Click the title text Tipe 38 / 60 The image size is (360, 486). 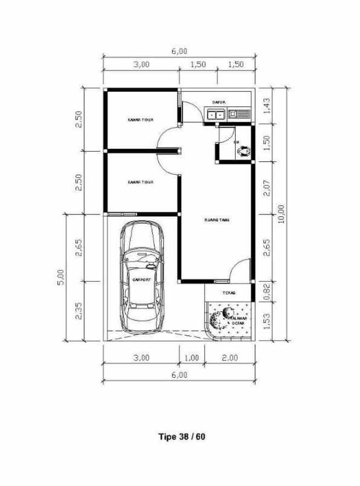coord(182,436)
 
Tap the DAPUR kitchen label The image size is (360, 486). coord(218,102)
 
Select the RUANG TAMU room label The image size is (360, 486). coord(216,220)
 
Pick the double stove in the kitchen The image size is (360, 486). coord(216,113)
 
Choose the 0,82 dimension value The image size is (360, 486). coord(268,292)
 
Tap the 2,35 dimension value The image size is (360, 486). coord(79,311)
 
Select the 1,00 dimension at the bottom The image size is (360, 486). coord(191,358)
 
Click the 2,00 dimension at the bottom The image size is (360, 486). coord(230,358)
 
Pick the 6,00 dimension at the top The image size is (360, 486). coord(179,51)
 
